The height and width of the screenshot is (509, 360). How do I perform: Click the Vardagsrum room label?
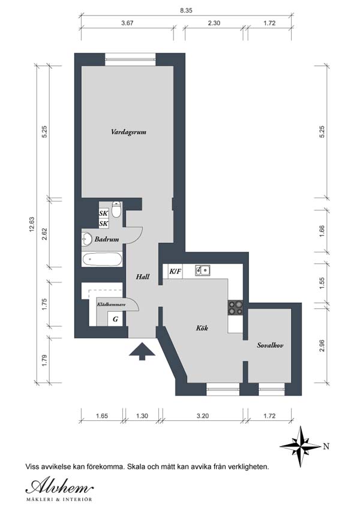pos(128,132)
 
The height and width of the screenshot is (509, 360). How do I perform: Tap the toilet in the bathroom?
pos(116,209)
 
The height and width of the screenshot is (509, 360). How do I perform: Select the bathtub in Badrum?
pos(102,260)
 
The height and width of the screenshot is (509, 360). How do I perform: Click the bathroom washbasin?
pos(86,240)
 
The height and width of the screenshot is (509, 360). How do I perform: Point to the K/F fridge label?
pos(175,271)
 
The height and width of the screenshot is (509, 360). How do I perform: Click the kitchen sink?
pos(202,270)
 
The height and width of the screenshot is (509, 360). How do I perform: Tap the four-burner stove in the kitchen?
pos(235,308)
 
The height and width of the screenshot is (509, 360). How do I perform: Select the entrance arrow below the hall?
pos(142,351)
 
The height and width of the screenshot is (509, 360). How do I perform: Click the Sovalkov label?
pos(270,345)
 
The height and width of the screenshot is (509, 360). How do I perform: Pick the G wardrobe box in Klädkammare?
pos(115,320)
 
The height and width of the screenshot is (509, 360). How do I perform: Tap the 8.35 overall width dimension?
pos(186,10)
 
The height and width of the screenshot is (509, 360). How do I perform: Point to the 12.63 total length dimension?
pos(32,225)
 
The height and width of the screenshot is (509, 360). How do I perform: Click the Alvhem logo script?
pos(59,487)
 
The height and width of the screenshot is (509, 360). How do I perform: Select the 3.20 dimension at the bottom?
pos(203,416)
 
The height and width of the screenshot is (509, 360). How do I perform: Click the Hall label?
pos(143,277)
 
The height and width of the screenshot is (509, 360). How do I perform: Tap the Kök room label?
pos(202,328)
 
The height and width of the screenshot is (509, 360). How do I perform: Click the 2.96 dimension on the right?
pos(322,345)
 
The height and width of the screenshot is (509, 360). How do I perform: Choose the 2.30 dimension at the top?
pos(214,23)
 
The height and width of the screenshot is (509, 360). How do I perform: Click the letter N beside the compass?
pos(326,446)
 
